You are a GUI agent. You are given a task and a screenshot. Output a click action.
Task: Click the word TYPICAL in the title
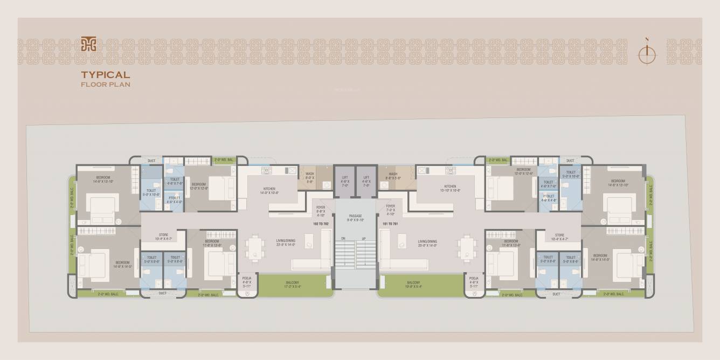click(106, 75)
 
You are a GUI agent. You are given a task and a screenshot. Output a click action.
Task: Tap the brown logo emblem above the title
click(88, 44)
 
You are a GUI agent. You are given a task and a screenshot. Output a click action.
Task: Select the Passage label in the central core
click(355, 218)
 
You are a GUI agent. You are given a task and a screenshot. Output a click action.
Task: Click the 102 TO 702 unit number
click(320, 223)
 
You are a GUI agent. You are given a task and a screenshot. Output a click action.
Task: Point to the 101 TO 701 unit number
click(390, 223)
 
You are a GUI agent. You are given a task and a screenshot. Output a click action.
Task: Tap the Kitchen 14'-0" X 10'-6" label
click(269, 190)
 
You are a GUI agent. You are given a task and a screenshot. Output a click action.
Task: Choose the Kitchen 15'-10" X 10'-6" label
click(450, 188)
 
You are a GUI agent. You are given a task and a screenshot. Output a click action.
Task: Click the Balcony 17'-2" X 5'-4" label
click(293, 284)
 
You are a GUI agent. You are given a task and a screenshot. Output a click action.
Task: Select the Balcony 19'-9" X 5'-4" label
click(413, 284)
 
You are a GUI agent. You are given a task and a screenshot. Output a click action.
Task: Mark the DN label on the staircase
click(343, 238)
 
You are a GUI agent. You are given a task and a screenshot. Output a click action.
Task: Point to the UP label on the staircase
click(364, 238)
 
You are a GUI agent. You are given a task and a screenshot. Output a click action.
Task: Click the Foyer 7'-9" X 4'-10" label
click(390, 210)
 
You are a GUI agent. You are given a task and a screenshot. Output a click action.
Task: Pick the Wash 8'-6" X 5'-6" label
click(393, 176)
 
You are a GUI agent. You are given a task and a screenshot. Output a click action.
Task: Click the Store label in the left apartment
click(163, 236)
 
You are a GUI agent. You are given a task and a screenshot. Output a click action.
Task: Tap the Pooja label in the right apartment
click(474, 282)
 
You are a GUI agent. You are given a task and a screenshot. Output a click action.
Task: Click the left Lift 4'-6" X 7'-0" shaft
click(344, 181)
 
